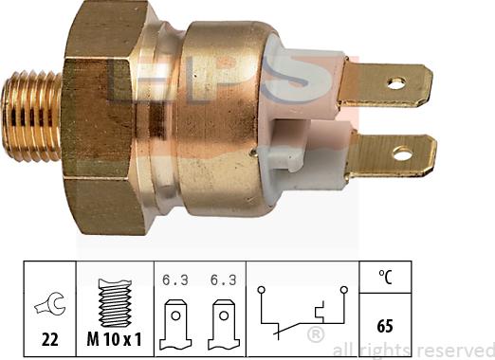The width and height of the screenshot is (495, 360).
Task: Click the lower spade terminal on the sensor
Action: tap(394, 153)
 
